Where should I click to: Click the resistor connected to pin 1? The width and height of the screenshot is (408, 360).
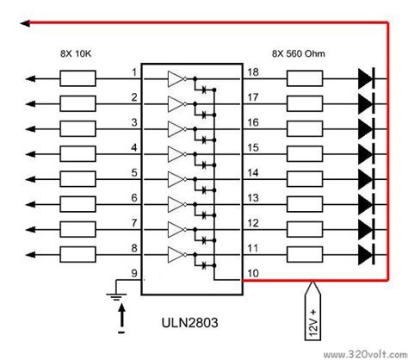tap(82, 79)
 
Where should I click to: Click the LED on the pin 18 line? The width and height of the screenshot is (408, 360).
tap(364, 79)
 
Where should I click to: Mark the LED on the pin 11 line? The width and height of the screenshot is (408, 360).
tap(364, 255)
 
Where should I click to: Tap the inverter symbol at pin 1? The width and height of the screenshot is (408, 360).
tap(176, 79)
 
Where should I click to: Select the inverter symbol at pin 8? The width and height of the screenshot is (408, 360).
tap(176, 255)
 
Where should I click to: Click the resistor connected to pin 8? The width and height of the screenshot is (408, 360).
tap(82, 255)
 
